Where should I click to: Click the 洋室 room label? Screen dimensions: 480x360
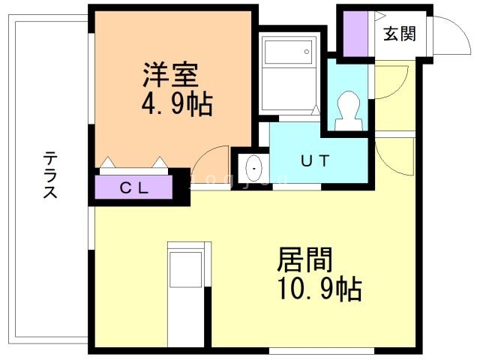pos(171,74)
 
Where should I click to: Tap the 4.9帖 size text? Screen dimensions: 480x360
pos(177,104)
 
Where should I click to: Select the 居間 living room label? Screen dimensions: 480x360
pos(305,260)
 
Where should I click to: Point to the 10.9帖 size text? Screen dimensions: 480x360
pos(320,289)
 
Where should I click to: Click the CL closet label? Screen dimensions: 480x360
pos(134,188)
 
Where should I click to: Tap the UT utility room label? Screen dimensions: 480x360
pos(315,160)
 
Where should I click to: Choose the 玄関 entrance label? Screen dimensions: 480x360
pos(400,34)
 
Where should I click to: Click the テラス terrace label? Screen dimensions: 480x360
pos(50,175)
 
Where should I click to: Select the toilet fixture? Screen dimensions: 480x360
pos(348,111)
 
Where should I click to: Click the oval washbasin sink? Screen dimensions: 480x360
pos(254,168)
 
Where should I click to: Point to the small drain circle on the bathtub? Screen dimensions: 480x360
pos(307,52)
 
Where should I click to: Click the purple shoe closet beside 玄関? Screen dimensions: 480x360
pos(355,34)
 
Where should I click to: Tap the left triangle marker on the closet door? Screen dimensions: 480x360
pos(107,162)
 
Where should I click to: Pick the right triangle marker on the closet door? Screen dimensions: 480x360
pos(160,162)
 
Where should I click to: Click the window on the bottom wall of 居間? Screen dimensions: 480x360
pos(322,351)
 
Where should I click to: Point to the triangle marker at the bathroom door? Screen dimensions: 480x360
pos(316,109)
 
